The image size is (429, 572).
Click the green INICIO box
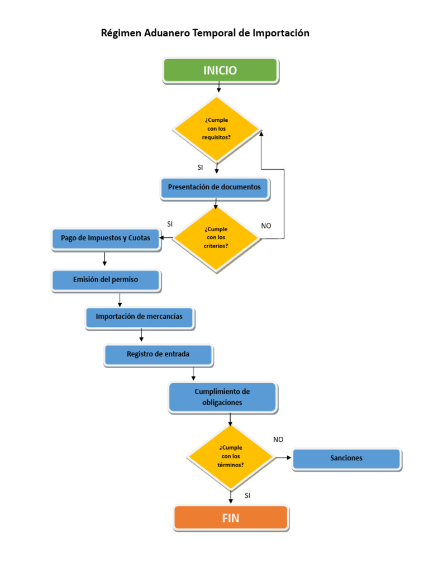click(x=220, y=70)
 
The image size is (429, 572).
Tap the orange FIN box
click(x=231, y=518)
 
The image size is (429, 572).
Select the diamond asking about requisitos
click(x=216, y=129)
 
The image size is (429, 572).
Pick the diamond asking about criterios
click(x=216, y=238)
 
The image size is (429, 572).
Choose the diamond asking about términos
click(x=231, y=456)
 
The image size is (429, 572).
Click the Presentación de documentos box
click(x=214, y=188)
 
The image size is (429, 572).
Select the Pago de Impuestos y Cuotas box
click(x=106, y=239)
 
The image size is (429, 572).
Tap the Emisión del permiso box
click(x=106, y=280)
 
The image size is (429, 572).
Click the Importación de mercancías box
click(x=139, y=317)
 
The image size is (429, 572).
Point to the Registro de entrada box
click(x=158, y=354)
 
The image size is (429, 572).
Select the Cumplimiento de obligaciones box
click(x=222, y=397)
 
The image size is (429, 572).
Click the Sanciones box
click(x=346, y=459)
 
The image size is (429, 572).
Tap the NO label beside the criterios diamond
click(x=266, y=226)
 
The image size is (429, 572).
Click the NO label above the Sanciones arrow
click(x=278, y=440)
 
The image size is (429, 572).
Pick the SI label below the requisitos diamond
click(x=200, y=167)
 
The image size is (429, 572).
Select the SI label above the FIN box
click(x=247, y=495)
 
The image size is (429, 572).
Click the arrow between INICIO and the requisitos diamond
click(x=219, y=87)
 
